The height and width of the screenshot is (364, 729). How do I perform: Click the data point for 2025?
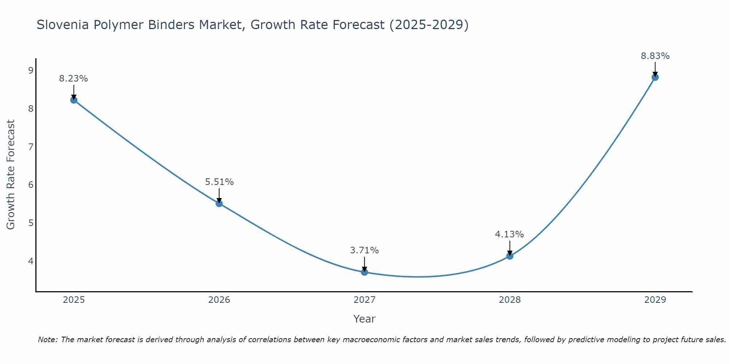[74, 100]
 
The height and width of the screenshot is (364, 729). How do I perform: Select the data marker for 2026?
[219, 203]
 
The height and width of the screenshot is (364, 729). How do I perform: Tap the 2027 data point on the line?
[364, 272]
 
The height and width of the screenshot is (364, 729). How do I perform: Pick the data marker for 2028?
[510, 256]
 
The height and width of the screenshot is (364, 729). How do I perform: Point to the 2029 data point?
[655, 77]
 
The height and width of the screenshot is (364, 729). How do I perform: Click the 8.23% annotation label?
[74, 79]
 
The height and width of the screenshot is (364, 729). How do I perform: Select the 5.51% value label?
[219, 182]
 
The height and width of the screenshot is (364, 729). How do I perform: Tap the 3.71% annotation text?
[364, 250]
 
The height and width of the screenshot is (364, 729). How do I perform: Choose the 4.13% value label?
[510, 234]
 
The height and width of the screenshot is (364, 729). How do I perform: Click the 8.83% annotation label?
[655, 56]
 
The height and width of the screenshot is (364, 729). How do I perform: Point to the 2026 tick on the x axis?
[219, 300]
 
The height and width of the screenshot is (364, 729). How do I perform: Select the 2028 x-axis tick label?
[510, 300]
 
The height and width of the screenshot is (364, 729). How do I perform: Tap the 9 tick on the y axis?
[31, 71]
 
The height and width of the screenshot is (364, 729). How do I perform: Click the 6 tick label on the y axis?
[31, 185]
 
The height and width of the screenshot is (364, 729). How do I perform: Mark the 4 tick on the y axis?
[31, 261]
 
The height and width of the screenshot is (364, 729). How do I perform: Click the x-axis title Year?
[364, 319]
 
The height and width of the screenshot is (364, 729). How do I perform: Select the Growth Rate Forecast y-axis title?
[11, 175]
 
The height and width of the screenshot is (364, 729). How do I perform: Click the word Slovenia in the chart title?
[63, 25]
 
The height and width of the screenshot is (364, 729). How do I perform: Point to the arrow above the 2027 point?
[364, 264]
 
